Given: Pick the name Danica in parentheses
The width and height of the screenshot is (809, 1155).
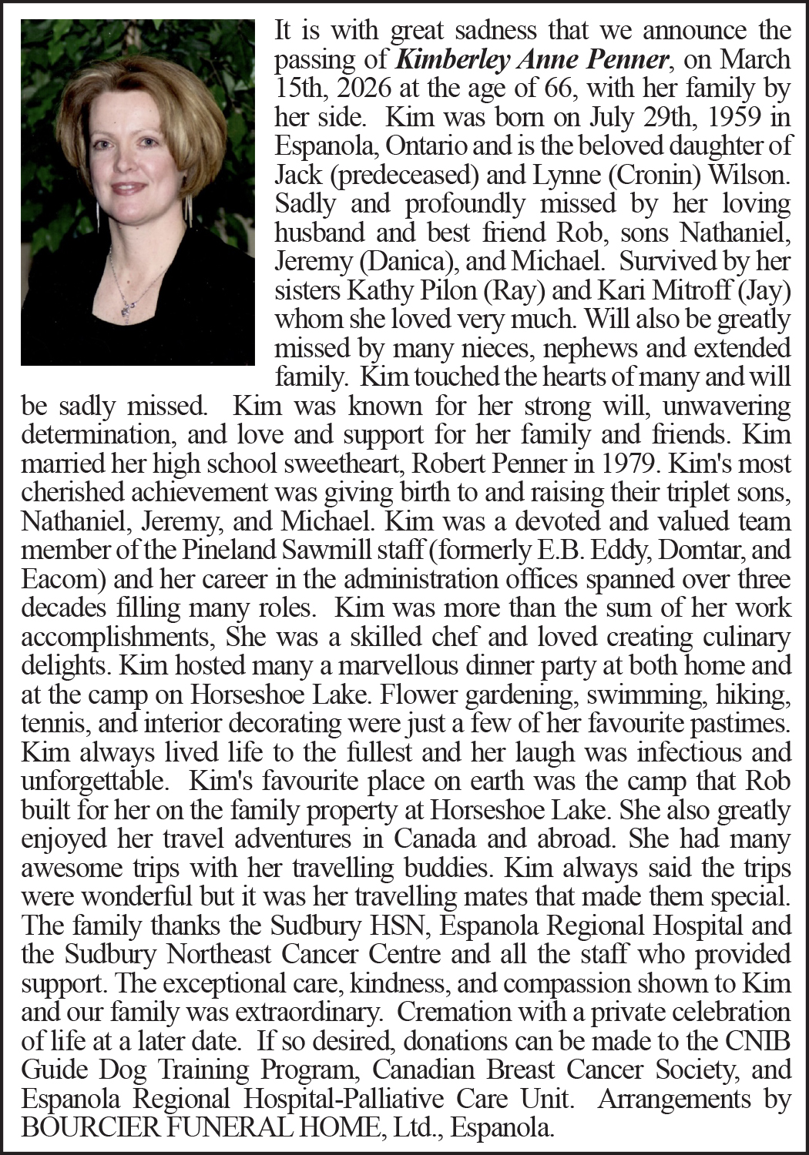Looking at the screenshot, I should click(408, 261).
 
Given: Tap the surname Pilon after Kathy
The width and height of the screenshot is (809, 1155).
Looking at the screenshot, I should click(449, 290).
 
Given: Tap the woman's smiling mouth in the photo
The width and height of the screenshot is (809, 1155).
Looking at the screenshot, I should click(129, 187).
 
